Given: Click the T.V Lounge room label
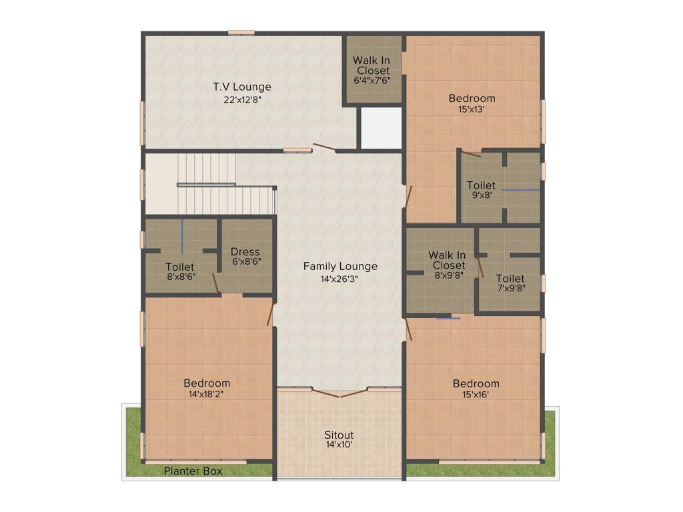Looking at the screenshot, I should pyautogui.click(x=242, y=87).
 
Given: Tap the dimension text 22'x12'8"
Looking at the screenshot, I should pyautogui.click(x=242, y=100).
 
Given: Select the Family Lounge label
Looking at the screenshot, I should pyautogui.click(x=340, y=267).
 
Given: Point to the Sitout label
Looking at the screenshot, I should pyautogui.click(x=339, y=435).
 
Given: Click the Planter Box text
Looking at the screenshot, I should pyautogui.click(x=193, y=471).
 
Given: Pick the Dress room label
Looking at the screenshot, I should pyautogui.click(x=245, y=252).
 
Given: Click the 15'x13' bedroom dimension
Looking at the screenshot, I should pyautogui.click(x=472, y=110).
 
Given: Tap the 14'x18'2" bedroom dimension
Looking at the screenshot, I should pyautogui.click(x=207, y=394).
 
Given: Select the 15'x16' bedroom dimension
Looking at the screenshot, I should pyautogui.click(x=476, y=394).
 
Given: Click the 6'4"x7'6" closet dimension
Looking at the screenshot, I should pyautogui.click(x=372, y=81).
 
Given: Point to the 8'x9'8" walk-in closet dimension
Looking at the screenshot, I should pyautogui.click(x=447, y=275).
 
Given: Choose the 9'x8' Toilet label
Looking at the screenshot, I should pyautogui.click(x=481, y=185).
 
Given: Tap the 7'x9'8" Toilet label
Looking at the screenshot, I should pyautogui.click(x=510, y=279).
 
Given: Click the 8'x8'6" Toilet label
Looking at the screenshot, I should pyautogui.click(x=180, y=267).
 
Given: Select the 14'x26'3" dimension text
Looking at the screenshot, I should pyautogui.click(x=340, y=279).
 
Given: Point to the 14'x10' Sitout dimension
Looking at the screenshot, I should pyautogui.click(x=339, y=445).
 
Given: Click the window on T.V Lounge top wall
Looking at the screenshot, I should pyautogui.click(x=241, y=32).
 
